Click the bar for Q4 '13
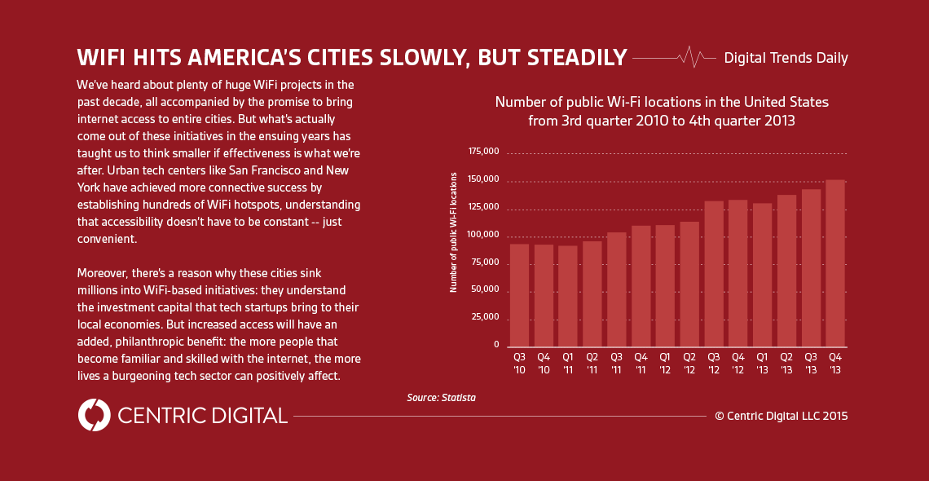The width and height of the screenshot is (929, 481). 835,263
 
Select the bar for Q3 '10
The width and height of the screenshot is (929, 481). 519,295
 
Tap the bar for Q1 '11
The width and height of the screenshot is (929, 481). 568,296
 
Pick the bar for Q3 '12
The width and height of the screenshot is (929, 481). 714,274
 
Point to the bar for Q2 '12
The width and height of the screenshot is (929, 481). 689,285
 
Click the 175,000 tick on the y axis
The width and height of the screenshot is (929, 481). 483,152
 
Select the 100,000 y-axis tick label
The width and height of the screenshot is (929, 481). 483,235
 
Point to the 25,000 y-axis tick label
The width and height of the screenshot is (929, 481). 486,317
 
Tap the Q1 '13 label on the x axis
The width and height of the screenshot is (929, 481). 762,363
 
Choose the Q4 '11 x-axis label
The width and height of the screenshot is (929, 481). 641,363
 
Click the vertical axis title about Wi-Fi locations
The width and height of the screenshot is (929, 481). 453,233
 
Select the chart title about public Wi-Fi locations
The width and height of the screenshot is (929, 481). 662,111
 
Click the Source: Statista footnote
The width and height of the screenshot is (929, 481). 441,398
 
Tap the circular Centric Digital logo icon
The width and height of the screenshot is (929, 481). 94,415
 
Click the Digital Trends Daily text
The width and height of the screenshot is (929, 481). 786,58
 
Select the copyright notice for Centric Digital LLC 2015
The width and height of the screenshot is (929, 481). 781,416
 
